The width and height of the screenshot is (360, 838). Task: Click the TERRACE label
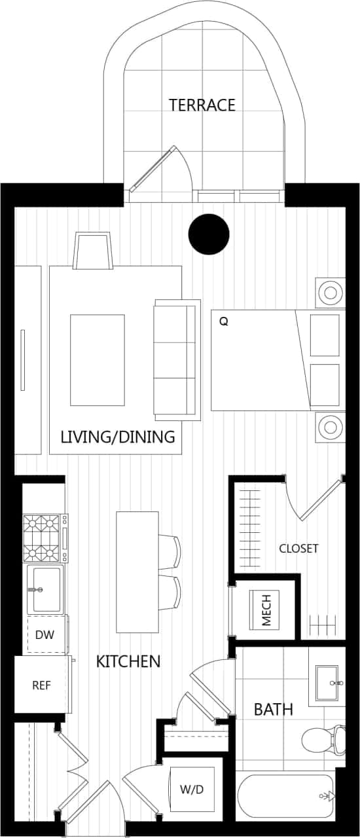[x=202, y=105]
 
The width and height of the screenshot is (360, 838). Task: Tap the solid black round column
[x=209, y=234]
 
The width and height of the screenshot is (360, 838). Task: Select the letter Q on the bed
[x=224, y=321]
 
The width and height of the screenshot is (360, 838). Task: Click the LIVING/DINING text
[x=118, y=437]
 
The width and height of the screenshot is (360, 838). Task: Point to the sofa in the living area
[x=175, y=360]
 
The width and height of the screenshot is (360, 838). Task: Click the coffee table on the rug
[x=98, y=359]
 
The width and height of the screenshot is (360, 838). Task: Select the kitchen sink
[x=45, y=589]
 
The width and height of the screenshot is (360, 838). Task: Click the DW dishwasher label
[x=45, y=634]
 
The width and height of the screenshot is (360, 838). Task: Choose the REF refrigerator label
[x=41, y=685]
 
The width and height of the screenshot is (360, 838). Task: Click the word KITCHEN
[x=128, y=661]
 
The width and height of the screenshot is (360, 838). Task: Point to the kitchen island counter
[x=137, y=572]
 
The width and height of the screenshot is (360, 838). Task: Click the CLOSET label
[x=298, y=549]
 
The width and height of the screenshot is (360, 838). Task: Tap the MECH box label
[x=266, y=610]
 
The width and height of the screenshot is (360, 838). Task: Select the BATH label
[x=273, y=709]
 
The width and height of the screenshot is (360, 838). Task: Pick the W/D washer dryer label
[x=192, y=790]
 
